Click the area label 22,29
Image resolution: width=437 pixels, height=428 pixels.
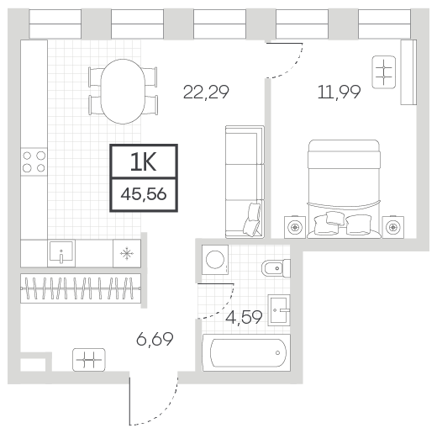point(206,92)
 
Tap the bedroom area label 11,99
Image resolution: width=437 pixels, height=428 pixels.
point(339,92)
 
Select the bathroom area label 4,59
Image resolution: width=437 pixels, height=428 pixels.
point(244,318)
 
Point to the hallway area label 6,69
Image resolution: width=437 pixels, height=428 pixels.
point(155,339)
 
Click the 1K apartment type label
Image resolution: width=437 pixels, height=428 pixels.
point(143,163)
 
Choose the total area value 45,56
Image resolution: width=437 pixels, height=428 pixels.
point(144,194)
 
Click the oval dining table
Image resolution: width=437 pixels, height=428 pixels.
point(123,92)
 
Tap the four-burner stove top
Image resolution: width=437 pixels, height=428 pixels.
point(34,161)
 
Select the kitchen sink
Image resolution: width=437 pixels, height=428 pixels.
point(61,253)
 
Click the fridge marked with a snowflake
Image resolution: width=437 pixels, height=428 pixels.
point(127,253)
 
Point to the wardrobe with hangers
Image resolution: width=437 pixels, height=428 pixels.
point(81,288)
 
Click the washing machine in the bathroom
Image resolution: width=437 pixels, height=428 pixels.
point(215,260)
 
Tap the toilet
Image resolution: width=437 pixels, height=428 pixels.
point(276,268)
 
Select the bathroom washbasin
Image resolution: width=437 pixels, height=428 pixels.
point(279,310)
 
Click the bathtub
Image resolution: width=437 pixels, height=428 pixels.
point(246,352)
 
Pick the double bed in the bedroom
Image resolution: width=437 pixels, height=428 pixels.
point(344,189)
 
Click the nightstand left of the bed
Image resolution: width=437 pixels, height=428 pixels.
point(295,227)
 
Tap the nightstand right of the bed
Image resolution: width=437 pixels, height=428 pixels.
point(393,227)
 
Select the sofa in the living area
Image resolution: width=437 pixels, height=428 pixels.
point(245,182)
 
